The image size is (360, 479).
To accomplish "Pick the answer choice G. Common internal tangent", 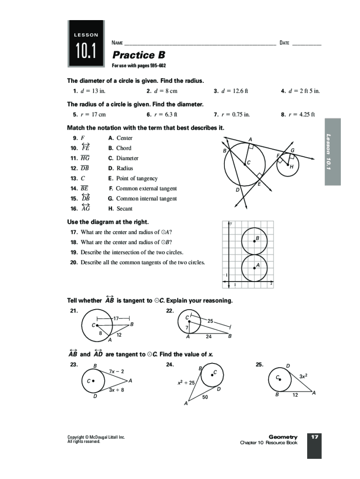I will click(x=143, y=199).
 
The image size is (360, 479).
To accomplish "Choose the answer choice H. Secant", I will click(x=121, y=209).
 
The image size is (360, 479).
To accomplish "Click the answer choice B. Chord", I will click(x=120, y=148).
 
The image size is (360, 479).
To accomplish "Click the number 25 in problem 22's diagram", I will click(x=210, y=321).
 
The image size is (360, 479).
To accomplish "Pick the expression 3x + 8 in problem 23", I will click(x=116, y=390).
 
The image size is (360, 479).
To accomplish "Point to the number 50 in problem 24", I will click(x=205, y=398).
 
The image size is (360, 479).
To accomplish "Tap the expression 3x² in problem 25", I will click(x=303, y=376).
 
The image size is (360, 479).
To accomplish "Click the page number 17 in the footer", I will click(x=314, y=437).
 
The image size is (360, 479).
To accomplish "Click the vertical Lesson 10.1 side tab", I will click(x=332, y=151).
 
